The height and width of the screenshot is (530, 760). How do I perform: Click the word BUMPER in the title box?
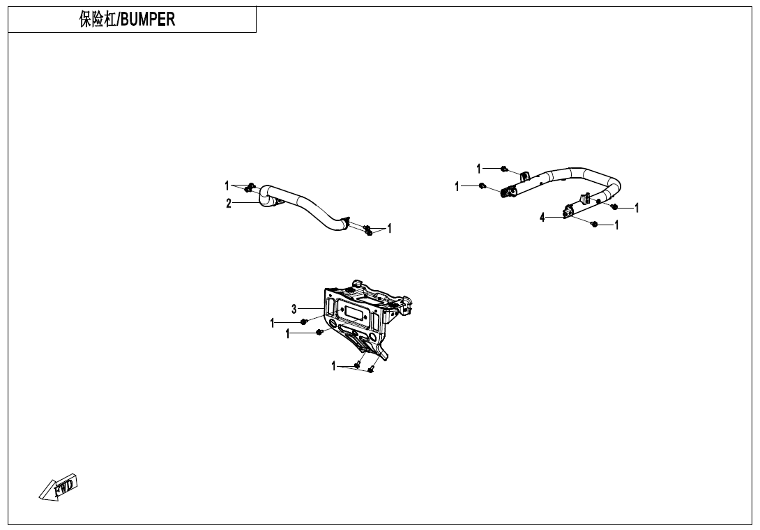coord(148,20)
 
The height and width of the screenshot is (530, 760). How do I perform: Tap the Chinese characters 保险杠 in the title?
coord(98,20)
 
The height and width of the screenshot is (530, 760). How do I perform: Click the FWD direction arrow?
coord(59,486)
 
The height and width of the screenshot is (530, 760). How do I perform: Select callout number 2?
coord(228,203)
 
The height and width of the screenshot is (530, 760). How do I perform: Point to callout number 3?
coord(294,308)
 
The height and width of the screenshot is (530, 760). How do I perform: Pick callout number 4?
coord(542,218)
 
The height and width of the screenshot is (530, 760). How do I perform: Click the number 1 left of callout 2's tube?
coord(227,185)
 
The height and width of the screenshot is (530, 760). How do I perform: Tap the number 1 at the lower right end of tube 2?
coord(389,228)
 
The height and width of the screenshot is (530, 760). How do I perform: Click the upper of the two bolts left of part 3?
coord(304,321)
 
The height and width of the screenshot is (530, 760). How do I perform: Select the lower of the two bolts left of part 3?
coord(319,333)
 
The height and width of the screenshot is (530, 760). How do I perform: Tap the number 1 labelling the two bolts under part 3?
coord(334,365)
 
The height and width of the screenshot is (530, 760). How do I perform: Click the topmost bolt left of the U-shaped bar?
coord(504,169)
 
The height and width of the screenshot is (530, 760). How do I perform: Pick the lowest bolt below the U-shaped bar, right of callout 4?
coord(593,224)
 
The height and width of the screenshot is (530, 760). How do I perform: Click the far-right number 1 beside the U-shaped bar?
coord(637,207)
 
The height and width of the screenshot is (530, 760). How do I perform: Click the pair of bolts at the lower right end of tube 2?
coord(368,230)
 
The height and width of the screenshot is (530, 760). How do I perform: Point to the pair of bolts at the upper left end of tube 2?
coord(250,187)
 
